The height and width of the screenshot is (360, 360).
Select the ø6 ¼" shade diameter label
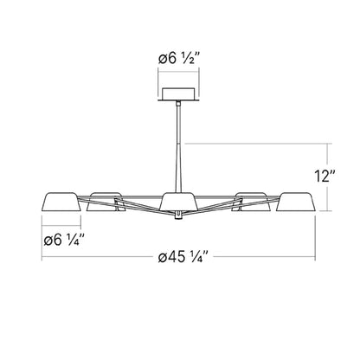tap(65, 235)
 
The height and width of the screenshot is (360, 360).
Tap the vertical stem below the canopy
tap(180, 138)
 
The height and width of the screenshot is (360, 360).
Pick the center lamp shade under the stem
tap(179, 202)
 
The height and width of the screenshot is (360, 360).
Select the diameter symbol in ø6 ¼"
tap(48, 235)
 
